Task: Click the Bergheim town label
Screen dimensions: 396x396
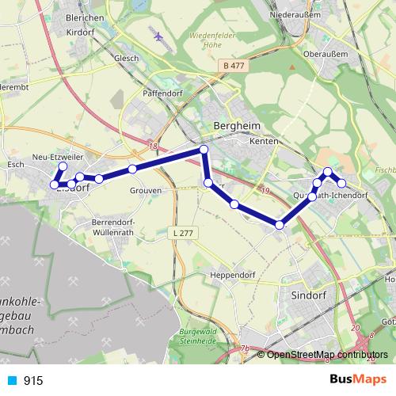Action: click(232, 127)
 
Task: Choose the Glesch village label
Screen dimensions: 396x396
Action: click(126, 59)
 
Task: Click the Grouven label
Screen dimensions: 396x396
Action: click(147, 191)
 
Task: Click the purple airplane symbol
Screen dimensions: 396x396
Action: click(158, 36)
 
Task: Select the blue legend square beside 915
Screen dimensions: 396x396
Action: click(12, 381)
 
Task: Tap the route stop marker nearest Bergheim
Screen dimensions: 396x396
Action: click(204, 150)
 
